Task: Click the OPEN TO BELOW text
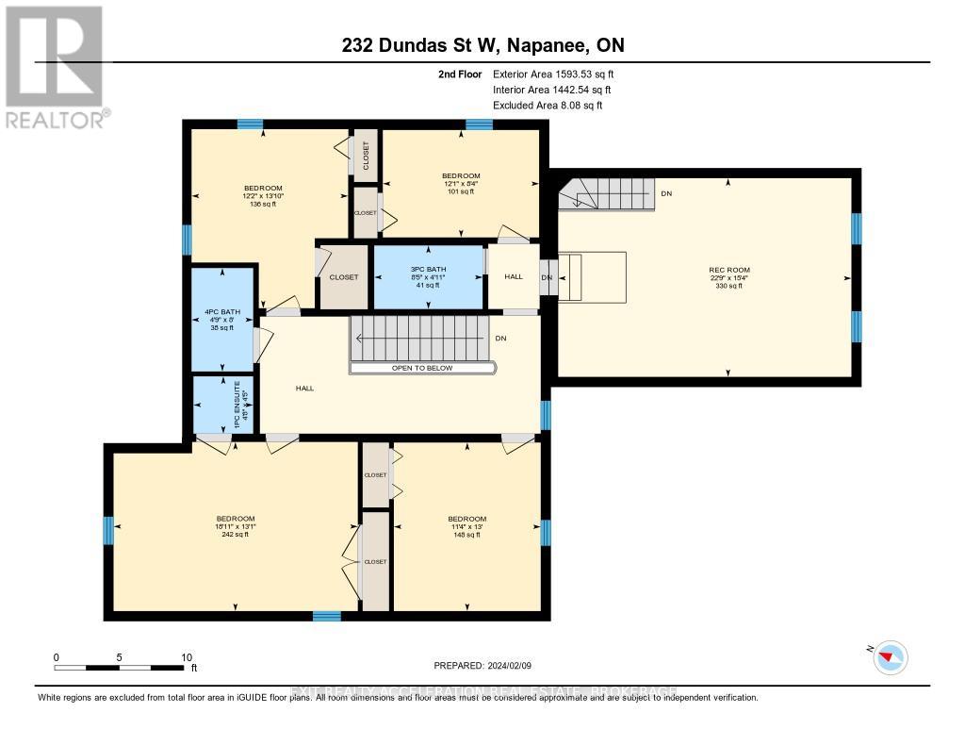pyautogui.click(x=422, y=368)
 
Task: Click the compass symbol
pyautogui.click(x=889, y=656)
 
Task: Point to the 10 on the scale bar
pyautogui.click(x=187, y=657)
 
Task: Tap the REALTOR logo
pyautogui.click(x=56, y=66)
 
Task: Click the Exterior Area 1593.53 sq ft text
pyautogui.click(x=553, y=74)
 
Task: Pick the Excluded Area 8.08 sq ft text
pyautogui.click(x=548, y=106)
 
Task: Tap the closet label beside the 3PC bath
pyautogui.click(x=343, y=277)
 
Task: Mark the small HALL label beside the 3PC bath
pyautogui.click(x=513, y=277)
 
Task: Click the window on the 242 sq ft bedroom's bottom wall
pyautogui.click(x=326, y=616)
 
